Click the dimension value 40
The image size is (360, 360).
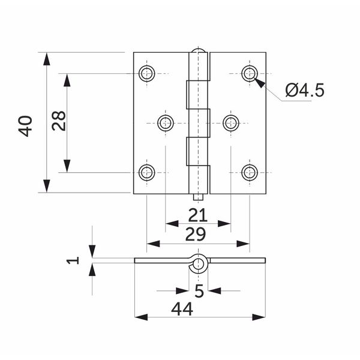point(25,126)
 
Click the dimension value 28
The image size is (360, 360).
point(59,121)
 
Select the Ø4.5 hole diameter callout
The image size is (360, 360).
point(305,90)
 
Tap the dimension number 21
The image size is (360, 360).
point(197,215)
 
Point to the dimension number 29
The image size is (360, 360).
point(196,234)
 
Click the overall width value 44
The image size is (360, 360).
point(182,309)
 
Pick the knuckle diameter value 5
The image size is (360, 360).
point(199,290)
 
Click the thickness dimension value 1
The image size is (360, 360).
point(73,260)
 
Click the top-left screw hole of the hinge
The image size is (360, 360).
point(147,73)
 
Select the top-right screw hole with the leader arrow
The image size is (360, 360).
point(250,73)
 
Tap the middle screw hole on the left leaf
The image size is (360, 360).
point(166,123)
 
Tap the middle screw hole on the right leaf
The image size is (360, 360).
point(231,123)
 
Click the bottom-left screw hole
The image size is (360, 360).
point(147,172)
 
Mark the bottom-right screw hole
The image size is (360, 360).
point(250,172)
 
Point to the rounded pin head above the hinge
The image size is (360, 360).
point(198,50)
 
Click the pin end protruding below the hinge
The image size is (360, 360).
point(198,197)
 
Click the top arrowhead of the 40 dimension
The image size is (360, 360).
point(47,59)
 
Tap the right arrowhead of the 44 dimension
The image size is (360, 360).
point(259,317)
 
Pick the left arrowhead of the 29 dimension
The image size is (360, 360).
point(153,244)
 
